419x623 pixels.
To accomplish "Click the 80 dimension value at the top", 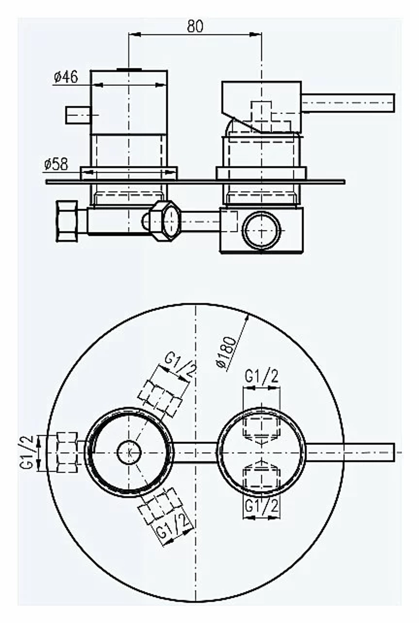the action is pos(195,26).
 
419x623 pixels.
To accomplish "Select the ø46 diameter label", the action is pos(66,77).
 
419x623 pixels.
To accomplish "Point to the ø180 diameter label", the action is pos(227,353).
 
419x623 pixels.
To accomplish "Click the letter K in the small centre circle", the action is pos(129,452).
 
